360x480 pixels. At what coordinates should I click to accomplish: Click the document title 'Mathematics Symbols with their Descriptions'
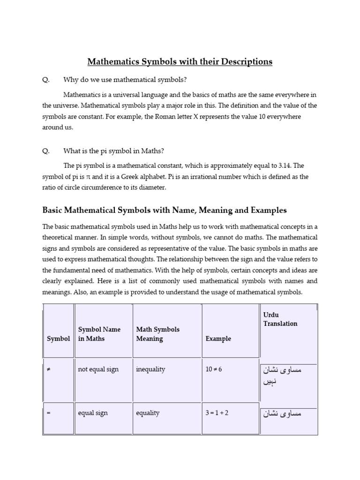180,61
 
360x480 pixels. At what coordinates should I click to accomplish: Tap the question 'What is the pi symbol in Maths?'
113,151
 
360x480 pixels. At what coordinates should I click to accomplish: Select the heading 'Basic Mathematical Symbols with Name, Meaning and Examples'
165,210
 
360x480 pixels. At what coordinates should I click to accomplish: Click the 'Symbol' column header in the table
58,338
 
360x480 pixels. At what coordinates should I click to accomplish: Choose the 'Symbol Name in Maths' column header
99,334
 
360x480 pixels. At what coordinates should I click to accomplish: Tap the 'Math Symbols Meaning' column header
157,334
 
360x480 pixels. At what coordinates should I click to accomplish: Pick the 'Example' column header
218,338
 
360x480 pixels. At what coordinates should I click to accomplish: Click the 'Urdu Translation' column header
280,319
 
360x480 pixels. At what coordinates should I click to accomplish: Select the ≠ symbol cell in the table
49,369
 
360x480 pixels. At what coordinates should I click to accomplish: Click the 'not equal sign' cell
98,369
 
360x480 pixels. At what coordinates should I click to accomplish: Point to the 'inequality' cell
150,369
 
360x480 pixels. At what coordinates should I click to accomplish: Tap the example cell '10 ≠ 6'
213,369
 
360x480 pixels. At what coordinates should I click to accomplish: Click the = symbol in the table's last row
49,413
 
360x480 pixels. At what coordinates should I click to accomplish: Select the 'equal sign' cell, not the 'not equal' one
92,413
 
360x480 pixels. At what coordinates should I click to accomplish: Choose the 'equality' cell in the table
148,413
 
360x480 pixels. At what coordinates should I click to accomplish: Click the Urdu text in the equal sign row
280,413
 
